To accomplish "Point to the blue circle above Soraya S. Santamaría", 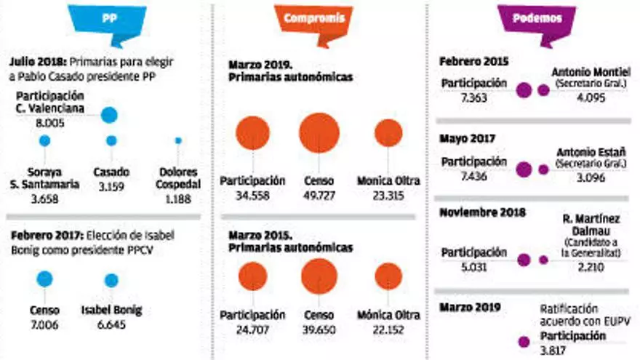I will point(44,140).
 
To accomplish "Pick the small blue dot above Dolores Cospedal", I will point(178,140).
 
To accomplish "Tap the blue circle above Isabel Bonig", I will point(111,280).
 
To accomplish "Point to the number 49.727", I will point(319,195).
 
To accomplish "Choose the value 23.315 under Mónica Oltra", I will point(388,195).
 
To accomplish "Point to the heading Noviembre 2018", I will point(484,213).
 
